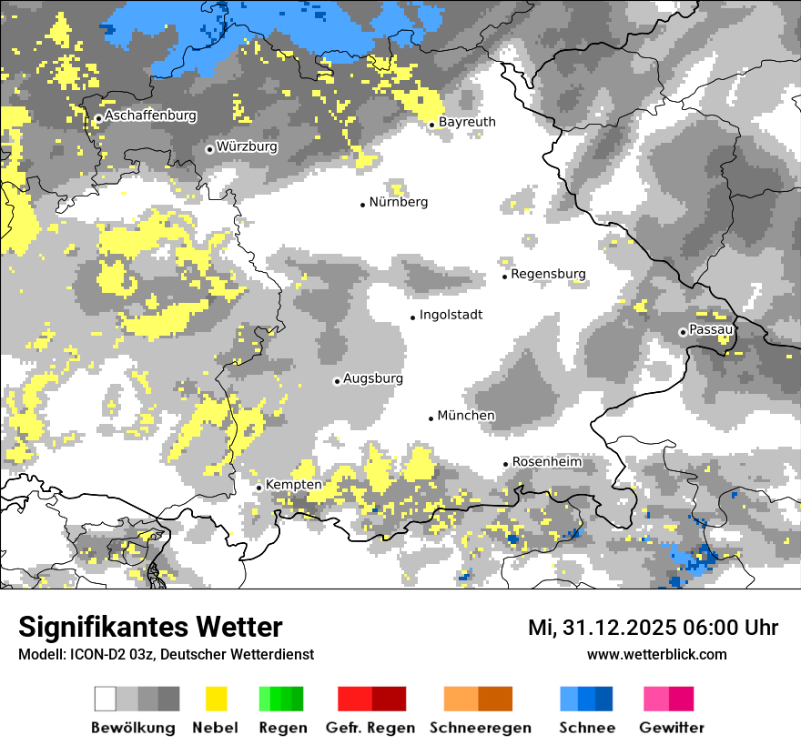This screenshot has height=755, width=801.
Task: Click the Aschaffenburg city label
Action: click(x=150, y=116)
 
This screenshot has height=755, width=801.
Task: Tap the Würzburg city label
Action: click(x=247, y=146)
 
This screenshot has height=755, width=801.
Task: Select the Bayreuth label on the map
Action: click(x=467, y=122)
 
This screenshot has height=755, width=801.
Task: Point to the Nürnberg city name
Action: click(x=398, y=202)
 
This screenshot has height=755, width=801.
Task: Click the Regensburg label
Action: click(x=548, y=274)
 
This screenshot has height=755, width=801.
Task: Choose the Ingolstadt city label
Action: click(x=451, y=315)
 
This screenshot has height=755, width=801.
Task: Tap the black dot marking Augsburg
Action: click(x=337, y=381)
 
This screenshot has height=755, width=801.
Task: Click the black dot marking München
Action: click(x=431, y=418)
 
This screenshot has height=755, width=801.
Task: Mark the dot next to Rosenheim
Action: click(x=506, y=464)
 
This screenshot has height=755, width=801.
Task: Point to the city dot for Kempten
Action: click(x=259, y=488)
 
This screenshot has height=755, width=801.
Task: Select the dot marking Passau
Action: click(x=683, y=332)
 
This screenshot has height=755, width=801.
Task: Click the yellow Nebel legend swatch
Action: click(x=216, y=699)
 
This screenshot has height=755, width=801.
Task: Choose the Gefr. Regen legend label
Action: click(x=370, y=728)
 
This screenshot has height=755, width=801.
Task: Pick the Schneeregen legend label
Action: click(x=480, y=728)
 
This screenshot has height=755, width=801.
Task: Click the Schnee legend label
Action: click(x=586, y=728)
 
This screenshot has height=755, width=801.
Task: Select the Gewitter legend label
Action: click(x=671, y=728)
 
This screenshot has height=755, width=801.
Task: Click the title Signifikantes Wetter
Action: click(x=150, y=627)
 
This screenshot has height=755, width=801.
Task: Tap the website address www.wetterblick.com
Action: click(x=656, y=655)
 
